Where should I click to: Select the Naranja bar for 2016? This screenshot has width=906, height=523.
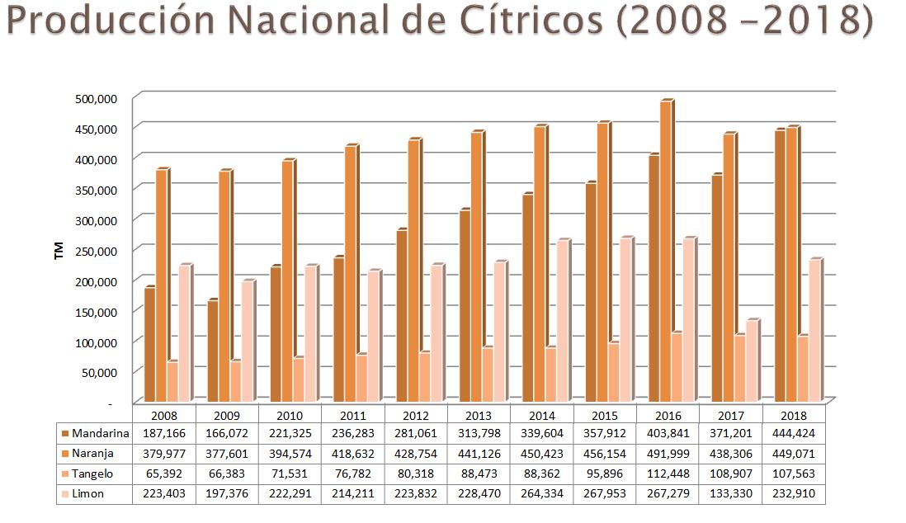[x=665, y=252]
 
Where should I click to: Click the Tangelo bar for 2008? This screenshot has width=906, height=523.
[x=171, y=382]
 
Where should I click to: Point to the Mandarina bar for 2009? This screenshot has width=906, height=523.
[x=212, y=351]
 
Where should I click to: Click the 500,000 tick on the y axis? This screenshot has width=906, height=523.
[x=97, y=98]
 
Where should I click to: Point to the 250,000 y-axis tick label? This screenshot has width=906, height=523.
[x=97, y=250]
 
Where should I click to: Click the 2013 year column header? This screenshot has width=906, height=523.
[x=479, y=416]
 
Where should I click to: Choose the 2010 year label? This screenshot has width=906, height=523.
[x=290, y=416]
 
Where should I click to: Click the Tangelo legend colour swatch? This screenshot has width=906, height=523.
[x=64, y=474]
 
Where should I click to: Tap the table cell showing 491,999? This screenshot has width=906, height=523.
[x=668, y=454]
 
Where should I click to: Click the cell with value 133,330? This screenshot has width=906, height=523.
[x=730, y=494]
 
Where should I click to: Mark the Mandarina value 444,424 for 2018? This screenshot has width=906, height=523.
[x=793, y=433]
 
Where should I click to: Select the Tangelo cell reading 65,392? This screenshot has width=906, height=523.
[x=163, y=474]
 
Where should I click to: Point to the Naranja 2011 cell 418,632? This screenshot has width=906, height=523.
[x=352, y=454]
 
